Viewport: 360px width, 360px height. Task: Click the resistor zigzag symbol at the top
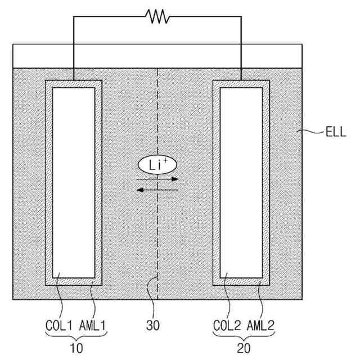click(x=157, y=17)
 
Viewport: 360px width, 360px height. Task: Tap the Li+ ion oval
click(x=157, y=165)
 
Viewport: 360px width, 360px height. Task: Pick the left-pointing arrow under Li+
click(x=158, y=190)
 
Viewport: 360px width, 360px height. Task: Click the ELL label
click(x=336, y=134)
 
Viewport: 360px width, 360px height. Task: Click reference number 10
click(x=76, y=348)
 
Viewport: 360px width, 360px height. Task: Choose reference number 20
click(x=243, y=348)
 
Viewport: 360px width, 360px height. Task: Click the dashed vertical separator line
click(x=157, y=236)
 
